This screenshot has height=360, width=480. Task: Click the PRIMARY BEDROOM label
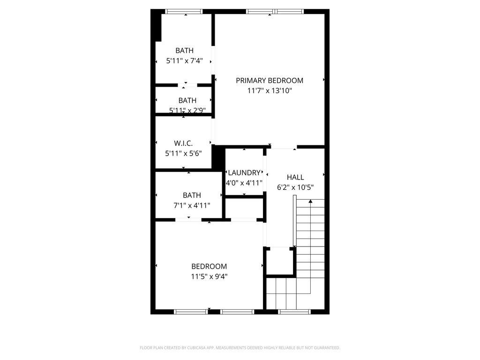tap(270, 80)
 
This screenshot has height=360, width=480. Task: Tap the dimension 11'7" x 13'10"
tap(270, 91)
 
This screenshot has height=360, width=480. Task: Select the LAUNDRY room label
tap(244, 172)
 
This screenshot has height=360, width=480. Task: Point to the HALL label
tap(295, 177)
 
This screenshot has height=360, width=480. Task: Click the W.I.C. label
tap(183, 143)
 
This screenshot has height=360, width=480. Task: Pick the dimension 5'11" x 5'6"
tap(183, 153)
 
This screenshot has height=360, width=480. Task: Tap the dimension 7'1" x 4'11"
tap(192, 205)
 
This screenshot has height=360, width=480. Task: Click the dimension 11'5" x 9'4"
tap(209, 277)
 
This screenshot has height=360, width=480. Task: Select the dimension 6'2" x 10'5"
tap(295, 187)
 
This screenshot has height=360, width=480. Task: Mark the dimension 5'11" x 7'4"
tap(184, 60)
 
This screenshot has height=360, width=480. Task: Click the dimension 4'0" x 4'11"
tap(244, 183)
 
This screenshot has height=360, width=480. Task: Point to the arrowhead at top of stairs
tap(310, 202)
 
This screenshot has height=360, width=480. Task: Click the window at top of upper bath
tap(184, 12)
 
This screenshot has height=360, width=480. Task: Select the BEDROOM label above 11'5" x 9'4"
tap(209, 266)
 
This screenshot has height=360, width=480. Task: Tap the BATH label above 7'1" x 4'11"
tap(192, 195)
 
